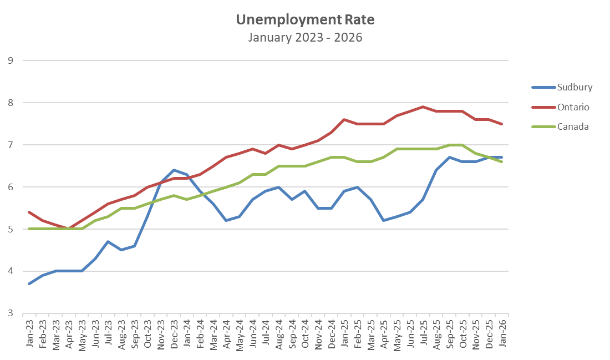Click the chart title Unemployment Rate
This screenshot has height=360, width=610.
pos(305,20)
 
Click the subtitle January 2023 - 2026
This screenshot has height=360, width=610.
pos(305,38)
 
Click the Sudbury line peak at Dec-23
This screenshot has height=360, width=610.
pos(174,170)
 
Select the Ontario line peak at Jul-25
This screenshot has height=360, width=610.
pos(423,107)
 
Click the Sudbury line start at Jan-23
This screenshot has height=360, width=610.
pos(29,283)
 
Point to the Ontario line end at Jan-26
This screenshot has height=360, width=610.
pos(502,124)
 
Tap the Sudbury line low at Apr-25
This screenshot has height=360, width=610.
pos(384,220)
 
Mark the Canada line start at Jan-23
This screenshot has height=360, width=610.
pos(29,229)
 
